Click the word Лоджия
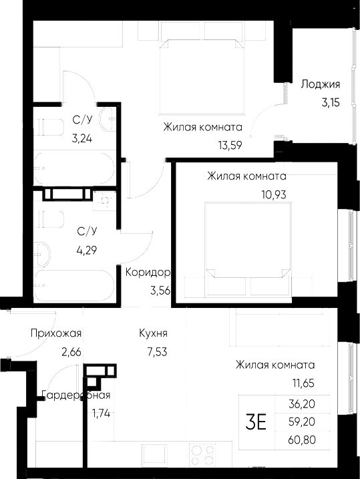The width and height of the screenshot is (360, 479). pyautogui.click(x=321, y=84)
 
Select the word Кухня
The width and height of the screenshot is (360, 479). pyautogui.click(x=153, y=333)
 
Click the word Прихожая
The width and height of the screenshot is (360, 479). pyautogui.click(x=56, y=333)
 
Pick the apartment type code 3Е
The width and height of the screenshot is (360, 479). pyautogui.click(x=256, y=422)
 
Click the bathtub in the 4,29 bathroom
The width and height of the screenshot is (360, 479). pyautogui.click(x=73, y=286)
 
